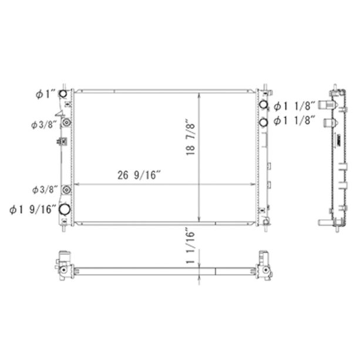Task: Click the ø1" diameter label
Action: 45,94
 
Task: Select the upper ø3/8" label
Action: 44,125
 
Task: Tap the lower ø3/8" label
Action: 45,190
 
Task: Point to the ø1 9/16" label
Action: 33,210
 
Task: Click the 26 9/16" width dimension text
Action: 139,175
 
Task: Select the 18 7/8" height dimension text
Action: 190,137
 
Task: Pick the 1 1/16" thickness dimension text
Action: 190,245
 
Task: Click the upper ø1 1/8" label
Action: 294,106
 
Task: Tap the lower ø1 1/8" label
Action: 294,120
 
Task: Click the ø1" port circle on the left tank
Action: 63,94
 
